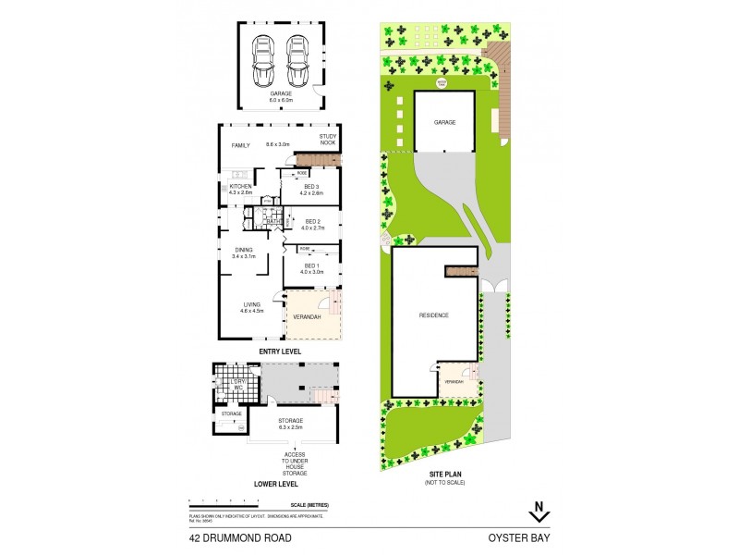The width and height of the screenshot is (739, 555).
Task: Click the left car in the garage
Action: tap(263, 60)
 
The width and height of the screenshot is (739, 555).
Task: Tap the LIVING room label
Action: tap(251, 307)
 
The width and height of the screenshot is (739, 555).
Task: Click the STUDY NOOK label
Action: tap(329, 141)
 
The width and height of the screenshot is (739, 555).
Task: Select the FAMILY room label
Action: tap(241, 145)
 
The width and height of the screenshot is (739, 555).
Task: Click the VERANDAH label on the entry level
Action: tap(307, 317)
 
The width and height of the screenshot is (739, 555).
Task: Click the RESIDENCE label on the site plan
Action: tap(434, 315)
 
